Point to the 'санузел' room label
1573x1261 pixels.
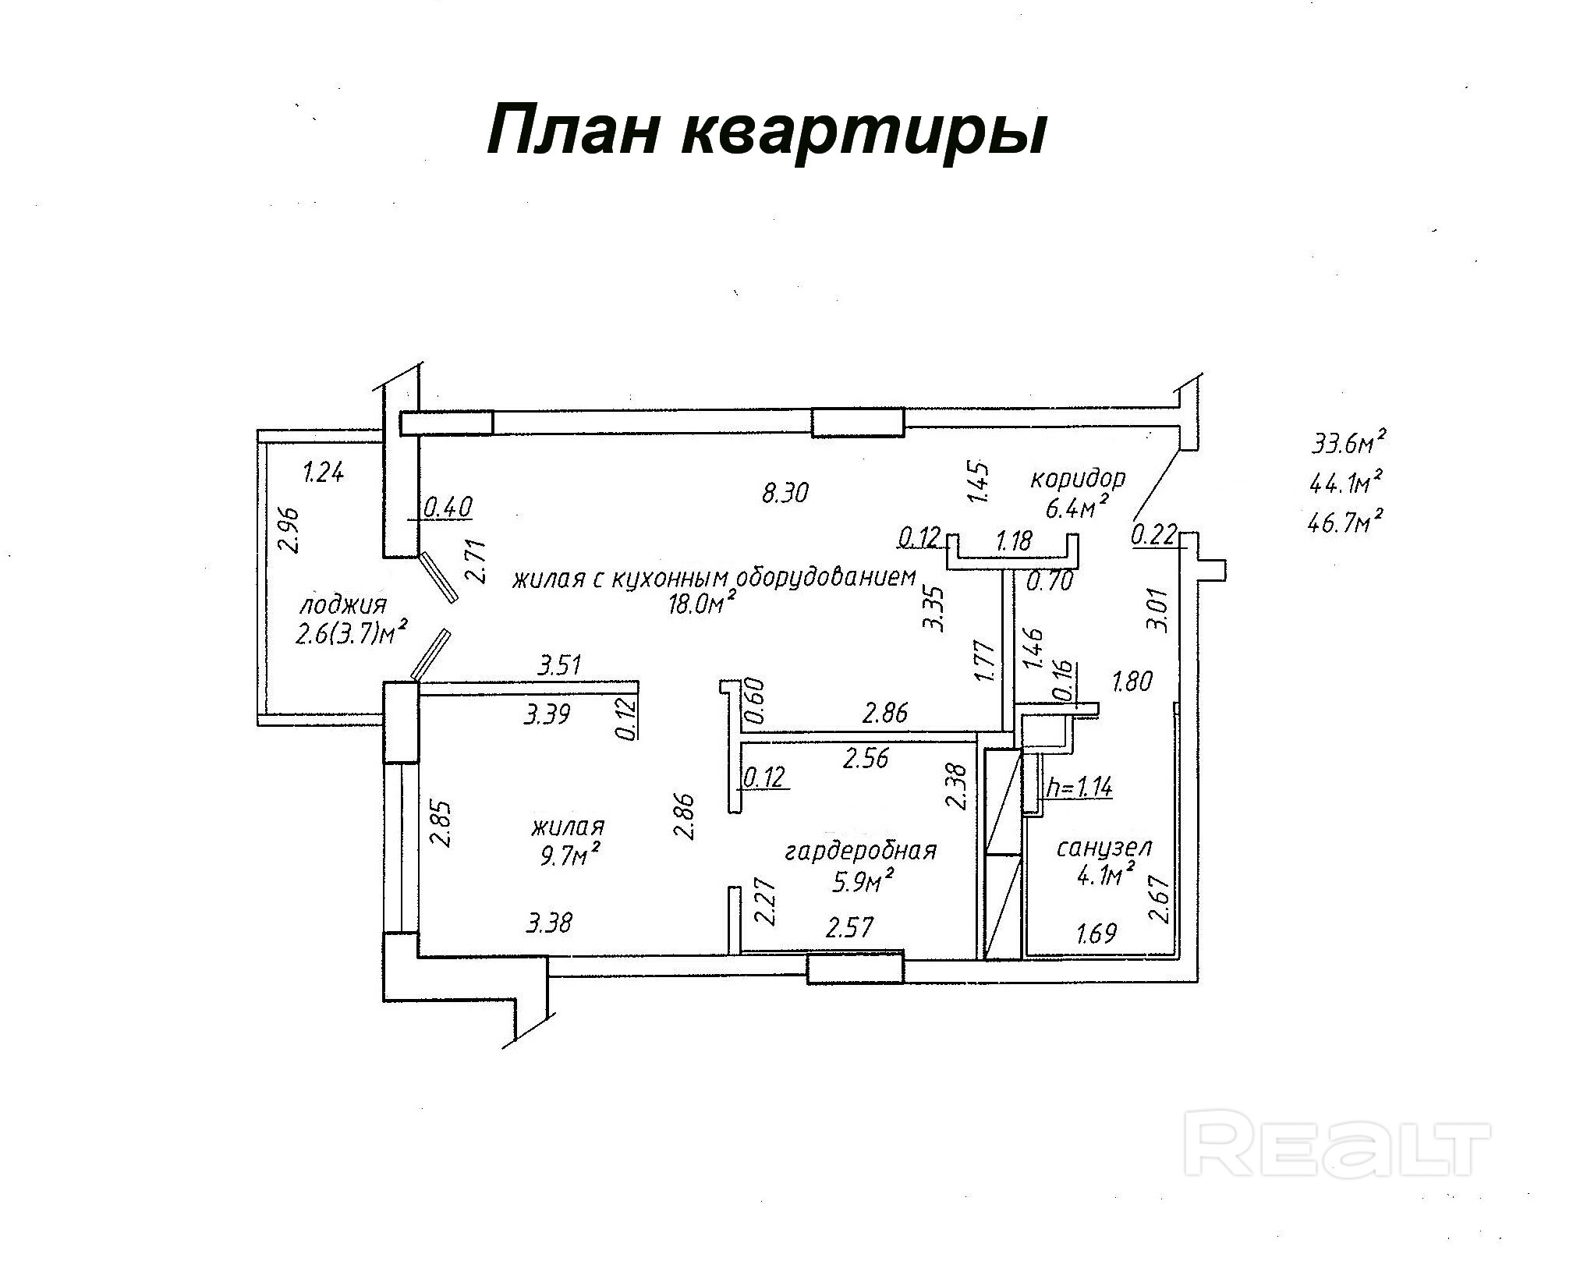pyautogui.click(x=1104, y=847)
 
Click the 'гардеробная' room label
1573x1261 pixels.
pyautogui.click(x=860, y=850)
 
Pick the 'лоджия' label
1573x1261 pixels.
pyautogui.click(x=343, y=604)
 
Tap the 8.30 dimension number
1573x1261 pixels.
pyautogui.click(x=785, y=492)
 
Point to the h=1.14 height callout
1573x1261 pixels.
pyautogui.click(x=1079, y=787)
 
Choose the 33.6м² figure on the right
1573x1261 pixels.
pyautogui.click(x=1348, y=444)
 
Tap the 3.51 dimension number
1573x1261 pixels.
pyautogui.click(x=560, y=665)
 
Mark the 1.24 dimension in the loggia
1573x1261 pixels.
pyautogui.click(x=323, y=473)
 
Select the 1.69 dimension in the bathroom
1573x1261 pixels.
pyautogui.click(x=1096, y=933)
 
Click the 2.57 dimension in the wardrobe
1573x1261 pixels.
pyautogui.click(x=849, y=927)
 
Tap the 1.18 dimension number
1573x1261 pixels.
pyautogui.click(x=1014, y=540)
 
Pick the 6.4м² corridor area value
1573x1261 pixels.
pyautogui.click(x=1077, y=508)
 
